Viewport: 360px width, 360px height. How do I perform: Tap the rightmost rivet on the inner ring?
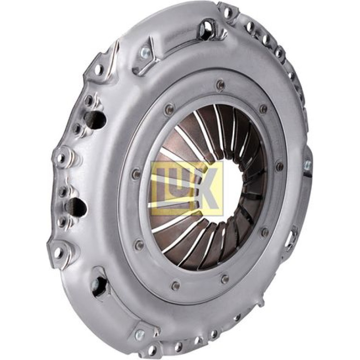pyautogui.click(x=279, y=166)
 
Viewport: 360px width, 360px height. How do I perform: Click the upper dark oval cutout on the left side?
pyautogui.click(x=96, y=119)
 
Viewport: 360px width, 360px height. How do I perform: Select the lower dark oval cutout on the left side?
pyautogui.click(x=77, y=207)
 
